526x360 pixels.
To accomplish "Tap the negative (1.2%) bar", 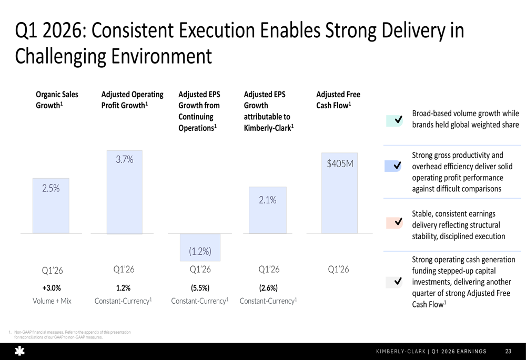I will coord(200,247).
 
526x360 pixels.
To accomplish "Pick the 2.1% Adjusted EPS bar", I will coord(267,210).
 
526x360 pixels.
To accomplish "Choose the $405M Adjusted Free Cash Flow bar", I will coord(339,193).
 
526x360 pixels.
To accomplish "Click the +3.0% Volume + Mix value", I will coord(52,287).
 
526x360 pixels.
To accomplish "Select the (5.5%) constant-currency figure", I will coord(200,287).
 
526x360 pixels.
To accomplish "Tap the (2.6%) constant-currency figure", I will coord(268,287).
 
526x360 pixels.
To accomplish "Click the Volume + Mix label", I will coord(52,301).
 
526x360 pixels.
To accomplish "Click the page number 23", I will coord(508,352).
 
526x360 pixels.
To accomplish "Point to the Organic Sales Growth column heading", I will coord(57,100).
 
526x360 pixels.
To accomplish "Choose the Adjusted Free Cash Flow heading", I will coord(338,100).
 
